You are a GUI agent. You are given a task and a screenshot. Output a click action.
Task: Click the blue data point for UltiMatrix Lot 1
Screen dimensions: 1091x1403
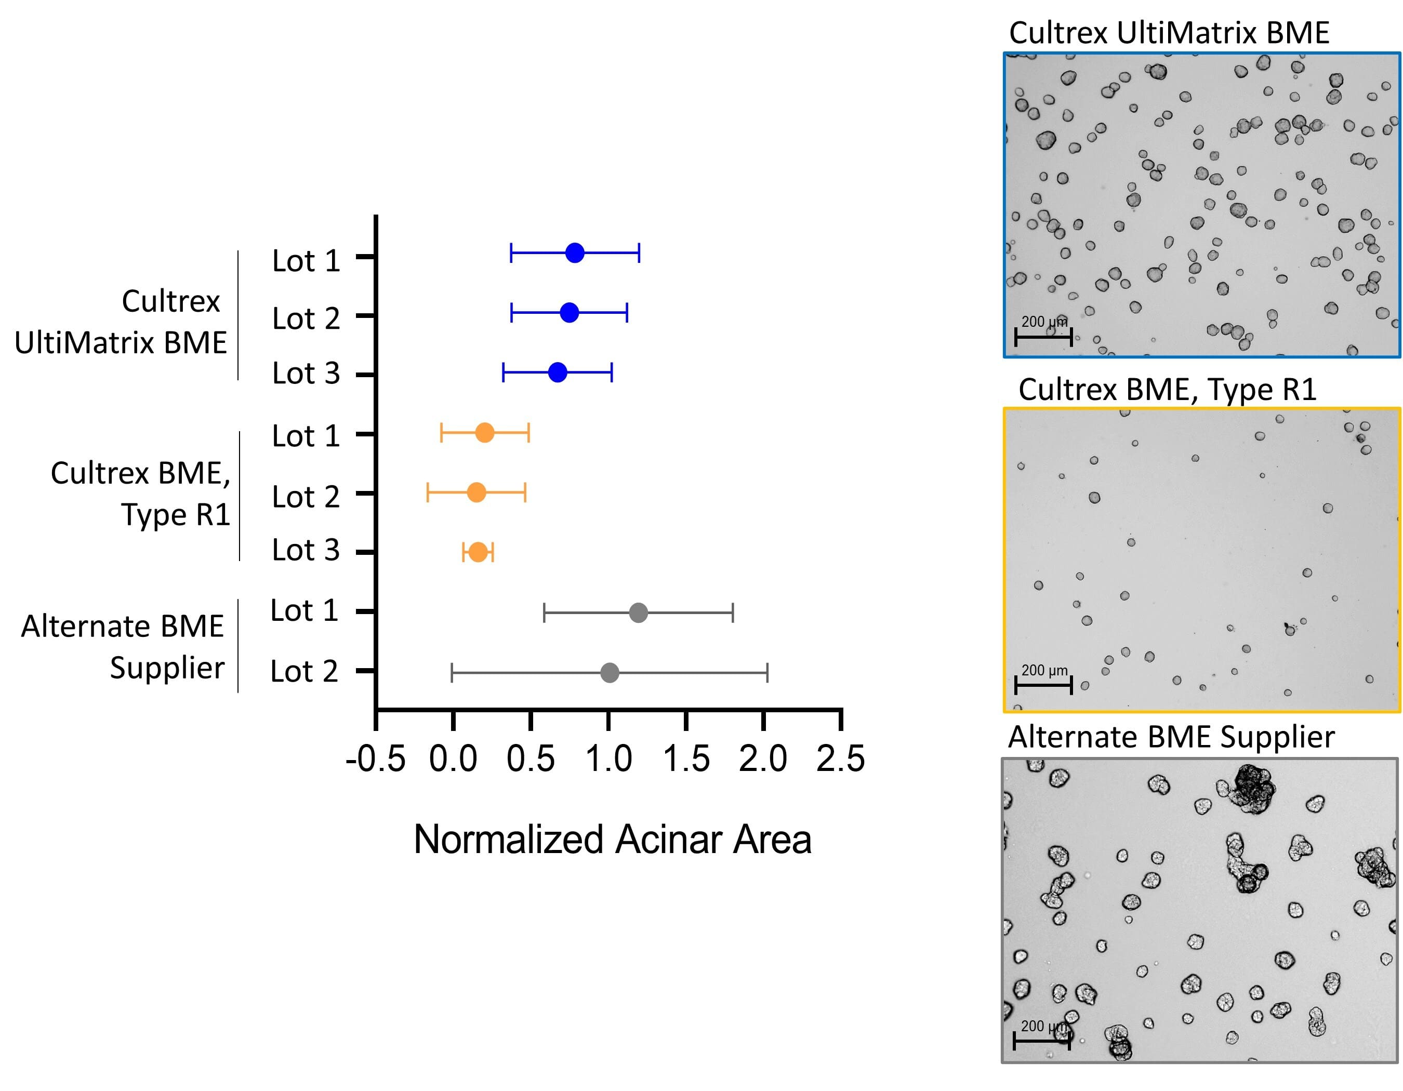[x=575, y=253]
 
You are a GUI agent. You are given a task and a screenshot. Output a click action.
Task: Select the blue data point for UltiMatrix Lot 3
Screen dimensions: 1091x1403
[x=558, y=372]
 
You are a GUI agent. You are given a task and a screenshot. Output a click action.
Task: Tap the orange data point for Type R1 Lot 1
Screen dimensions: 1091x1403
[x=485, y=433]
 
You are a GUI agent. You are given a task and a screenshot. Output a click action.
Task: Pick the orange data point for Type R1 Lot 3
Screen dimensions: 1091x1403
[x=478, y=552]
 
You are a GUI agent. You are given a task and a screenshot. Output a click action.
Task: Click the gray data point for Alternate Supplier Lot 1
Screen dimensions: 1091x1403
[x=638, y=613]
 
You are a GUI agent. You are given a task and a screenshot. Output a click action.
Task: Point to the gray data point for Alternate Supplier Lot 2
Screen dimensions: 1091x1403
[x=610, y=673]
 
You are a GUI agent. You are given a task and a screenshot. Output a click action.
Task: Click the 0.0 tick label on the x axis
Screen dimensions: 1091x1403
[x=453, y=759]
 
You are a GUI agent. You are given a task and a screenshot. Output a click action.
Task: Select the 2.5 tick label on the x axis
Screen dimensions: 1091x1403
[x=840, y=759]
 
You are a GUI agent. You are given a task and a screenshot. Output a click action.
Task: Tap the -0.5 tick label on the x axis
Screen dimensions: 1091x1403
[x=375, y=759]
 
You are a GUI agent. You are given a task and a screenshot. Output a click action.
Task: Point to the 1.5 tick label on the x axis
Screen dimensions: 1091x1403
[x=685, y=759]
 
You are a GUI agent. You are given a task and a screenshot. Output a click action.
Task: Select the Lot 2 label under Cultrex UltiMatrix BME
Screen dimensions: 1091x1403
[x=306, y=318]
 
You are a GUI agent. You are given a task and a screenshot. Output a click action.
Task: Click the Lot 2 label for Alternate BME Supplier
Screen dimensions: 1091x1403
[x=304, y=671]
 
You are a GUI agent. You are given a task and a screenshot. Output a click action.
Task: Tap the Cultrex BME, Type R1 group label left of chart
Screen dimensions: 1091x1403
[x=141, y=493]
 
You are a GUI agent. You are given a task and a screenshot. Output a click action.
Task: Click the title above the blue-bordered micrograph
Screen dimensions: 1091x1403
[x=1169, y=33]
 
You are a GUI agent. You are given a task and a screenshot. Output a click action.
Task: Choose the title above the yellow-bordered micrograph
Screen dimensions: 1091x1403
[x=1167, y=390]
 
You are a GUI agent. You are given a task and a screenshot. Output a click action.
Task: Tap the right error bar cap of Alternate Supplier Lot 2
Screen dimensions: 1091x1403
[x=767, y=673]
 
